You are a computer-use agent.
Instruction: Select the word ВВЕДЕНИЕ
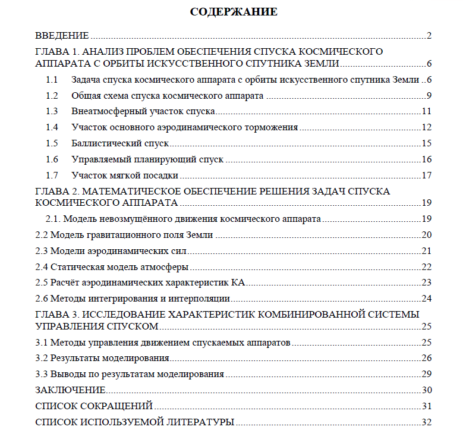[62, 35]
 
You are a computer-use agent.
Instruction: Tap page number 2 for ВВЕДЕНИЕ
[428, 35]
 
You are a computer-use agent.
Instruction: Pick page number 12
[426, 127]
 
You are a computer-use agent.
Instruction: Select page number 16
[426, 159]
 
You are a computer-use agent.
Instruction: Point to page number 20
[426, 235]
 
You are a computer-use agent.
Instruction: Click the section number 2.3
[42, 250]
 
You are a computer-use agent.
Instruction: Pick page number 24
[426, 299]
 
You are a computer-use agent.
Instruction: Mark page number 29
[426, 374]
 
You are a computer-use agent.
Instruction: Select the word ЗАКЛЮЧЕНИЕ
[70, 390]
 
